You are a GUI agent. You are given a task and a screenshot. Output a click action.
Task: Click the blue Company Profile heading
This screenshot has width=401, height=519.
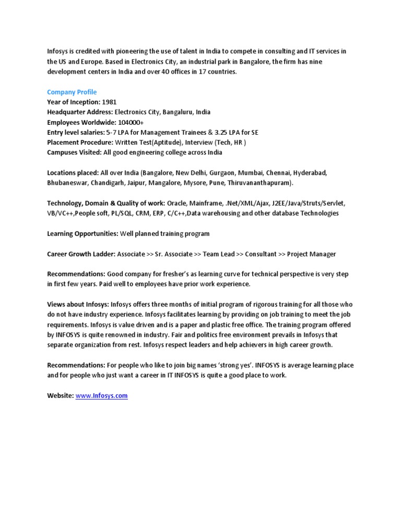72,92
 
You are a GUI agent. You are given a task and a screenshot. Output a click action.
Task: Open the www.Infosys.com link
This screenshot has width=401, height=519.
102,396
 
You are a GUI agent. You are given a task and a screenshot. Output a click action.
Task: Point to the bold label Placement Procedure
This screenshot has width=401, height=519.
79,143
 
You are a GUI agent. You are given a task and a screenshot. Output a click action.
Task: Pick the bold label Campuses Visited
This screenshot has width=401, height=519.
74,152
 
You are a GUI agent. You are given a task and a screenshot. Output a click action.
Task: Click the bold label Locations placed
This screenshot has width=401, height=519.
73,173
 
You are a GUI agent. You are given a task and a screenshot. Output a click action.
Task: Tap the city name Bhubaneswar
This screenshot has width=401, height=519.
67,183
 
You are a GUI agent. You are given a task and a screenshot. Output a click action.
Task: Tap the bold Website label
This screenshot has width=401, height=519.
60,396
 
